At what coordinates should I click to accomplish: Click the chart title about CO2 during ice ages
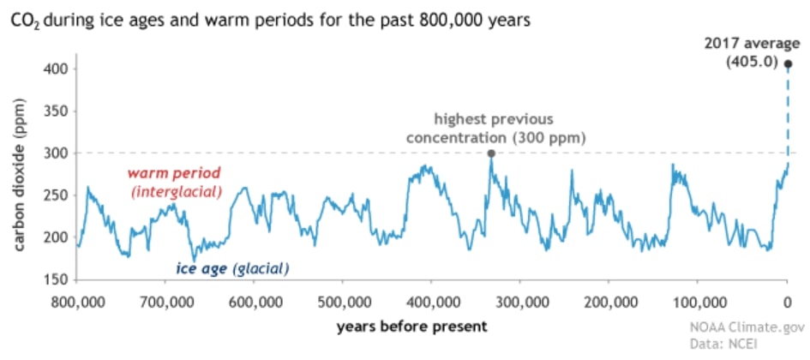(267, 23)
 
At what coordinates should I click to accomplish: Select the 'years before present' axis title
(411, 327)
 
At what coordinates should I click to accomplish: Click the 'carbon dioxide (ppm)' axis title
(19, 176)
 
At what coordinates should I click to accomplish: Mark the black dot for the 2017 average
(788, 64)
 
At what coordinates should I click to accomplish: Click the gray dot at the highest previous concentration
(491, 153)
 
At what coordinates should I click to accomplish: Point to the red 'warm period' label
(176, 171)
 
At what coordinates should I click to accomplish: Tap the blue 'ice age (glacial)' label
(232, 268)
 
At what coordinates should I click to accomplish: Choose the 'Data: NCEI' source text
(723, 343)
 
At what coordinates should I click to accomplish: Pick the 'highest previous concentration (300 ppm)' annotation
(495, 129)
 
